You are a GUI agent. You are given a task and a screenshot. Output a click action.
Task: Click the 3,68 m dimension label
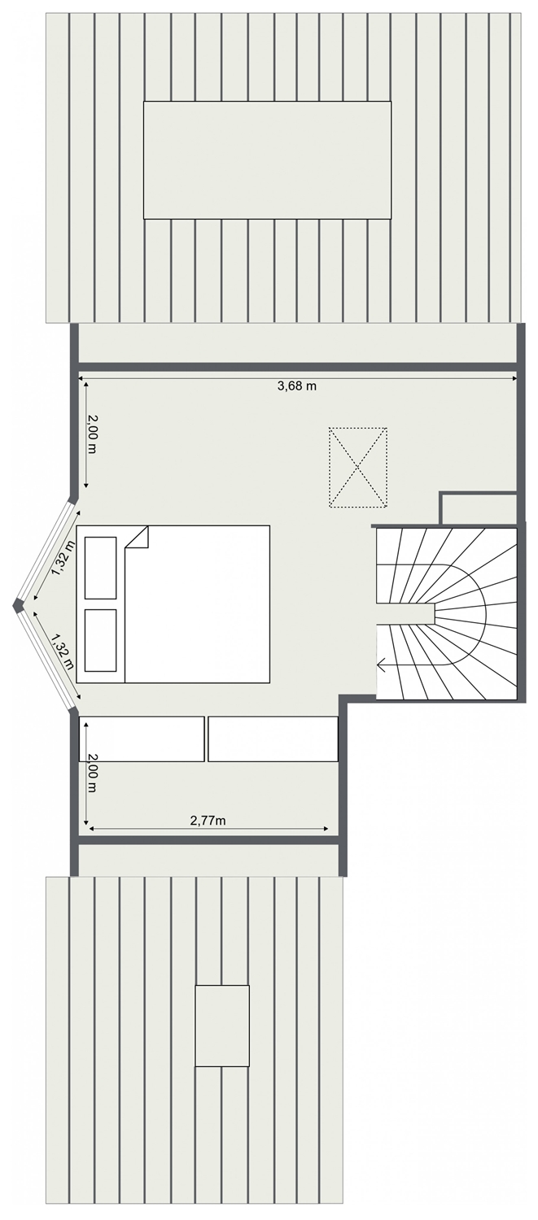click(296, 386)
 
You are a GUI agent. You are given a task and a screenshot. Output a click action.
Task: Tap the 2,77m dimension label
click(208, 820)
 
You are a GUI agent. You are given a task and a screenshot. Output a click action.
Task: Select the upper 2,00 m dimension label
click(92, 434)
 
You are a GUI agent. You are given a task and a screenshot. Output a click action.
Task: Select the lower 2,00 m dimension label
click(92, 773)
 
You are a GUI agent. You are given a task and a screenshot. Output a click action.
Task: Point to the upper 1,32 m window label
click(63, 558)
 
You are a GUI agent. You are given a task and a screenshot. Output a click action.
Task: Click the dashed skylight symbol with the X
click(357, 468)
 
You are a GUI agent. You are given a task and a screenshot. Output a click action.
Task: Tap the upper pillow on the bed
click(101, 567)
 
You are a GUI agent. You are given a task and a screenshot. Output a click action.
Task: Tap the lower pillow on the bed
click(101, 641)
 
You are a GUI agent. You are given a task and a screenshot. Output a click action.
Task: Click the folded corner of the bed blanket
click(138, 537)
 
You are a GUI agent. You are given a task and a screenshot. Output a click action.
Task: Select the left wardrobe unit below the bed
click(142, 739)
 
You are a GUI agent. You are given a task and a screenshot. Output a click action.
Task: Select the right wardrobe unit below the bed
click(273, 739)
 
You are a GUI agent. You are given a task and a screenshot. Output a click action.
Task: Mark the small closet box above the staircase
click(478, 508)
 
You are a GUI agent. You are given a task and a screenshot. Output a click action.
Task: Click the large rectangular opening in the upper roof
click(267, 160)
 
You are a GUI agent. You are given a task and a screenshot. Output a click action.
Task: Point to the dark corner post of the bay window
click(18, 604)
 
